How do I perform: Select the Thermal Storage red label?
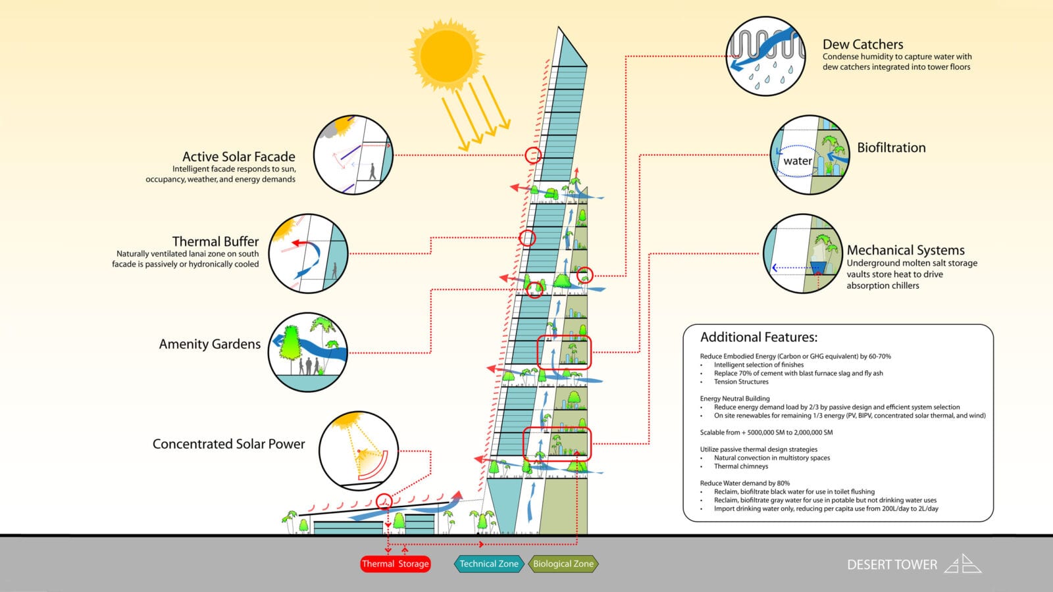[x=395, y=564]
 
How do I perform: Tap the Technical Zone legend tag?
[x=488, y=564]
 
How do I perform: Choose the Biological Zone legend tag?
[x=563, y=564]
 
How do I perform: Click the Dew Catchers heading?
[x=863, y=44]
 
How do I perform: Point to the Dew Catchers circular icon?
[x=766, y=56]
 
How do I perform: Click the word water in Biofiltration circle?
[x=797, y=160]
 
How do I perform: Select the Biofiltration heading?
[x=891, y=147]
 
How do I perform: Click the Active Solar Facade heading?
[x=238, y=157]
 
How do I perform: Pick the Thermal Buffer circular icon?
[x=308, y=253]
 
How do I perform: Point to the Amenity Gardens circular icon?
[x=308, y=352]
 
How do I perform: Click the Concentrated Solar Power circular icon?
[x=359, y=451]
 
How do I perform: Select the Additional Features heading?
[x=758, y=337]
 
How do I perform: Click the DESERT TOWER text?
[x=892, y=564]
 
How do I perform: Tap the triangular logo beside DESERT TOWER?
[x=963, y=564]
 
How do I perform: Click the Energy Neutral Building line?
[x=734, y=399]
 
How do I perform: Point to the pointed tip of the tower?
[x=559, y=28]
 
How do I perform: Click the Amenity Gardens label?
[x=209, y=344]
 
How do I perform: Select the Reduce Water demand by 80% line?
[x=744, y=483]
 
